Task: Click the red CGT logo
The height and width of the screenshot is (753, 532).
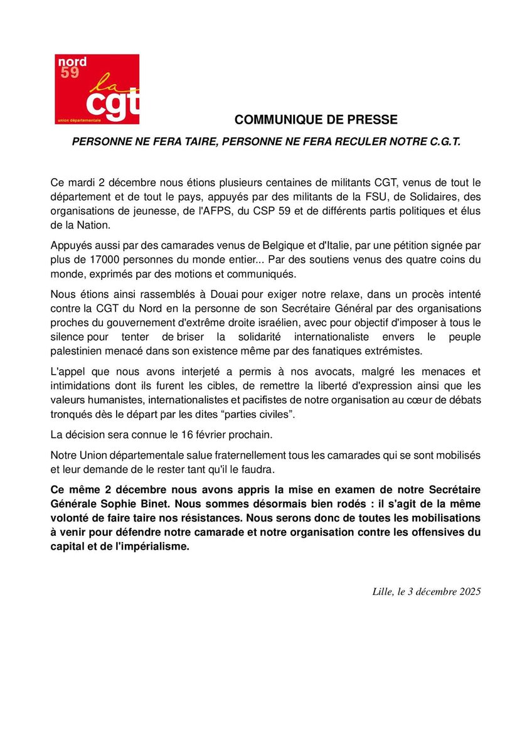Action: pos(97,89)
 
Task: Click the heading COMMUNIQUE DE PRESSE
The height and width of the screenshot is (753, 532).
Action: pos(316,119)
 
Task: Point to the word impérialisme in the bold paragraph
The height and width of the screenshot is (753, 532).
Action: pos(153,546)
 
